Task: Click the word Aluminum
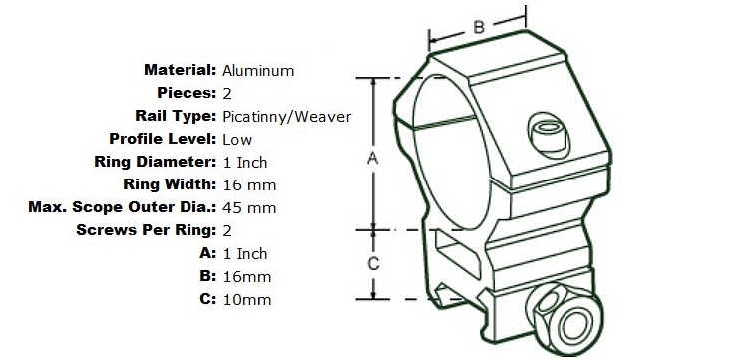pos(258,71)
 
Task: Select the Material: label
pos(181,70)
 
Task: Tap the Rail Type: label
pos(176,116)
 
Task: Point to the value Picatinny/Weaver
pos(287,117)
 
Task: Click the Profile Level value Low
pos(237,140)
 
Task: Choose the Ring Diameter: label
pos(156,162)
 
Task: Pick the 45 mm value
pos(249,208)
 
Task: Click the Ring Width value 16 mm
pos(249,185)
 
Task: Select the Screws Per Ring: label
pos(147,230)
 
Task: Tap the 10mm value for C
pos(247,300)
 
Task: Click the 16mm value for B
pos(247,277)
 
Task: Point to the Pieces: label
pos(188,93)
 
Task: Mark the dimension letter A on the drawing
pos(373,158)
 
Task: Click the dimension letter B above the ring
pos(479,27)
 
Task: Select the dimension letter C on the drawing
pos(373,264)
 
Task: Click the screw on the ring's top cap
pos(549,135)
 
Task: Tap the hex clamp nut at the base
pos(565,316)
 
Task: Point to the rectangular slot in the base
pos(458,253)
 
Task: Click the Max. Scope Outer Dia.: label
pos(123,208)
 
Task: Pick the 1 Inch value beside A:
pos(245,253)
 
